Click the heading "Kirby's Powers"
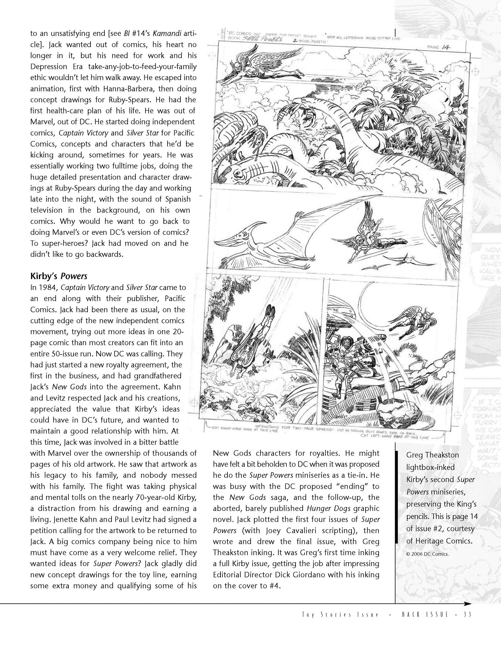tap(59, 276)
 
